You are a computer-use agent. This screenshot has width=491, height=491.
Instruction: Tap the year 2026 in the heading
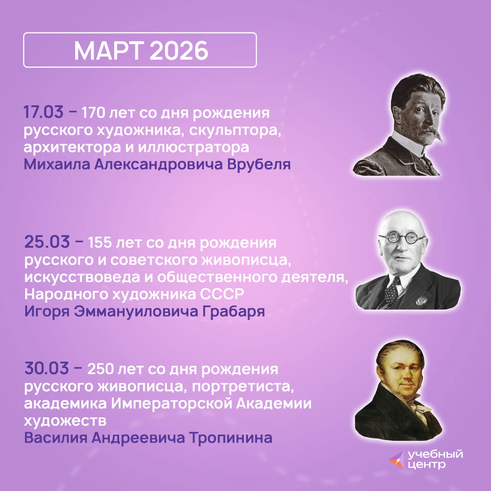(179, 51)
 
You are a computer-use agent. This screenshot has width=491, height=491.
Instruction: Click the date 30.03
(47, 368)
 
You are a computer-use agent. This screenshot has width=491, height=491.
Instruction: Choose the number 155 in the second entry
(100, 242)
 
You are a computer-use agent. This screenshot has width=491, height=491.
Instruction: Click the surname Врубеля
(259, 164)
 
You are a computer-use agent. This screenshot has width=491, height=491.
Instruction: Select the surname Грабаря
(233, 312)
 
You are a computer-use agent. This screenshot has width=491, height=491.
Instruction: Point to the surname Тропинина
(231, 438)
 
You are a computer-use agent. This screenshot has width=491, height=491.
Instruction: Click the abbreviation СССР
(222, 294)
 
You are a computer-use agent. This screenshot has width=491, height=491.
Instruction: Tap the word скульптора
(235, 131)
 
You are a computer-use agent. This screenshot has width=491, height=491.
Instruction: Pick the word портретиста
(243, 387)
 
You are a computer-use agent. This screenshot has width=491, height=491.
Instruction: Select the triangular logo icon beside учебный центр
(397, 460)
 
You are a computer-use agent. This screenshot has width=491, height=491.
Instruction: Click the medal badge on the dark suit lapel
(421, 301)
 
